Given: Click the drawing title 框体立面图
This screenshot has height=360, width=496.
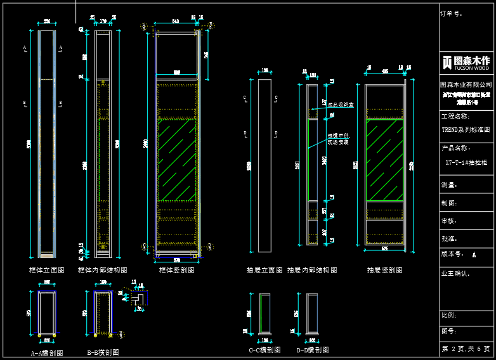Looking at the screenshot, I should [x=47, y=269].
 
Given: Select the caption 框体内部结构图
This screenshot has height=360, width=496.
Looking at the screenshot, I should [x=102, y=269].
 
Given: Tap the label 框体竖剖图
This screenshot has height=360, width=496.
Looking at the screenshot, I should [x=177, y=269].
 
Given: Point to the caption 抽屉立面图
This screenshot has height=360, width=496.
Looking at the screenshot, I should [x=264, y=269].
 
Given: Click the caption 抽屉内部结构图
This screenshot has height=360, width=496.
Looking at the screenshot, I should [x=312, y=269].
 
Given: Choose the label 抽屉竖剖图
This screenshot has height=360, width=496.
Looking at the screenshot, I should [x=384, y=269].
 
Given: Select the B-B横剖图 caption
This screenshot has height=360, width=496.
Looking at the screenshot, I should [x=103, y=352].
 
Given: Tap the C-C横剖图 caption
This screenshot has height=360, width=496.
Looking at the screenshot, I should [x=265, y=349].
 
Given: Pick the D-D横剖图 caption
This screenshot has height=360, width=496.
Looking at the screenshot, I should [x=313, y=349].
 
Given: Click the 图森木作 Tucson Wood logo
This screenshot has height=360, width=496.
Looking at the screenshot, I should [x=466, y=62].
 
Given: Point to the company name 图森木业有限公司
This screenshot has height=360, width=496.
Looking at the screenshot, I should [x=466, y=84].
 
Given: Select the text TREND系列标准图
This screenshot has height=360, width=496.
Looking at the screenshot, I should [x=466, y=129].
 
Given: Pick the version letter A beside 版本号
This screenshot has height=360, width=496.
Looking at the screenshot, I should [x=474, y=254].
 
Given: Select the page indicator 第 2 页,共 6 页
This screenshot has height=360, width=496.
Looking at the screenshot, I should [x=466, y=349].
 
